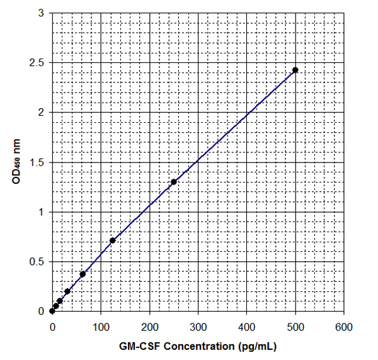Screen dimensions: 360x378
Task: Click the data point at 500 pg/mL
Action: tap(295, 70)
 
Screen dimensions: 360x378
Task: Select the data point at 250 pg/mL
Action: tap(174, 182)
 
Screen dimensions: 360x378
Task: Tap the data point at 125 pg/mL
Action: tap(113, 240)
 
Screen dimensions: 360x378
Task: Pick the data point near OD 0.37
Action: tap(83, 274)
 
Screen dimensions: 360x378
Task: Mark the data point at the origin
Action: tap(52, 311)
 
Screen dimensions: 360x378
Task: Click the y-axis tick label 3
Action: tap(41, 13)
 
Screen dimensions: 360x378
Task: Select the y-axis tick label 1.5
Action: tap(38, 162)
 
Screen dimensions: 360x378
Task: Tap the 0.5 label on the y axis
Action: tap(38, 262)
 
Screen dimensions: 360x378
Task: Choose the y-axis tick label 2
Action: tap(41, 113)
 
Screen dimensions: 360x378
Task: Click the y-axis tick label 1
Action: tap(41, 212)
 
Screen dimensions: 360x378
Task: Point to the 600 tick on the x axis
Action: tap(344, 327)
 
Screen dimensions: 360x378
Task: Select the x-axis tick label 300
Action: tap(198, 327)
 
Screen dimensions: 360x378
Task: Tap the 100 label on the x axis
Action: tap(101, 327)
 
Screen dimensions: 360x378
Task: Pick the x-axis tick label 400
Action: tap(246, 327)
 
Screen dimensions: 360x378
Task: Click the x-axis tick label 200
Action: tap(149, 327)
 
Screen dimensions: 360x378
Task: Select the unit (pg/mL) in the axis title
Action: tap(258, 346)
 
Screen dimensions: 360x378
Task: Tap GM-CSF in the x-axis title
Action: tap(137, 346)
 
